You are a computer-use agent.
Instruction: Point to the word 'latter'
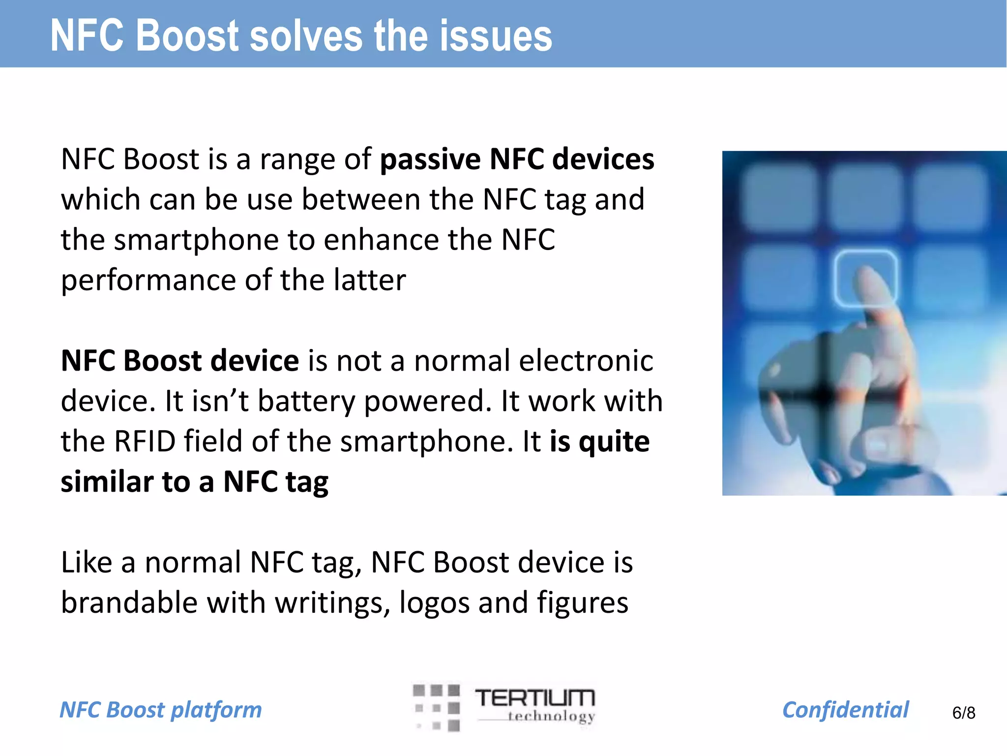coord(369,280)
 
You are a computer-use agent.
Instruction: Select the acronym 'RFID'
coord(145,441)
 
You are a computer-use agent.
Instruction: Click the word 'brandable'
coord(129,602)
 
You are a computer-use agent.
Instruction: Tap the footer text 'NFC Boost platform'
coord(161,710)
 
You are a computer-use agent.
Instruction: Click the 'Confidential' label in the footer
coord(845,710)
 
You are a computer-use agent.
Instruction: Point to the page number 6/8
coord(963,713)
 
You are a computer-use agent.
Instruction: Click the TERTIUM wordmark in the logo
coord(534,698)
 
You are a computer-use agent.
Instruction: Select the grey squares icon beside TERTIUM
coord(437,707)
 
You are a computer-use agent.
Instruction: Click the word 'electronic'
coord(586,361)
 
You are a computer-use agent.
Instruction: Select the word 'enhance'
coord(381,240)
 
